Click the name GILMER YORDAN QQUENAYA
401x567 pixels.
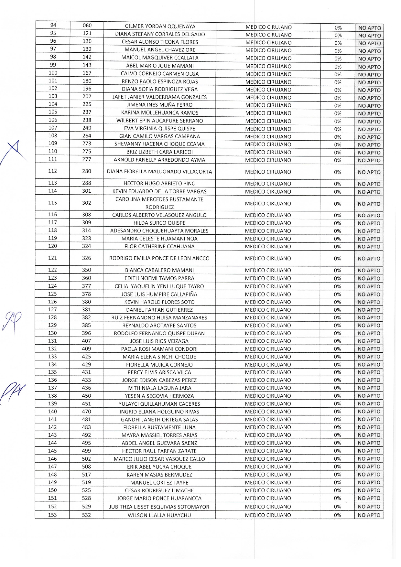tap(160, 27)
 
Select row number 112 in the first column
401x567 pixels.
tap(52, 171)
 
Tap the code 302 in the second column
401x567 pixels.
tap(87, 203)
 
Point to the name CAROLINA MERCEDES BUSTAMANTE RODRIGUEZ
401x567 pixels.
tap(159, 203)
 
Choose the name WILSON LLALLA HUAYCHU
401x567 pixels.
tap(159, 515)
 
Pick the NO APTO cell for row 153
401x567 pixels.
tap(369, 515)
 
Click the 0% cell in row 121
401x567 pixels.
tap(337, 259)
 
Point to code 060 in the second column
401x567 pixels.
tap(87, 26)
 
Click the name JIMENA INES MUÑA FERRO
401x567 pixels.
tap(159, 105)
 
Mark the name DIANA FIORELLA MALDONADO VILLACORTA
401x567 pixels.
tap(159, 172)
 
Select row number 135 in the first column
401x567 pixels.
tap(52, 372)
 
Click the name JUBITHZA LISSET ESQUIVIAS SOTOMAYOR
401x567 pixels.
tap(159, 507)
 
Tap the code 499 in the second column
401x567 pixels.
tap(86, 451)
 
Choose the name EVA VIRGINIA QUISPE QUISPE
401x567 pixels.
tap(159, 129)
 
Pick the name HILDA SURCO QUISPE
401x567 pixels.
tap(159, 223)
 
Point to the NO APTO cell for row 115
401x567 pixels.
tap(369, 204)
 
